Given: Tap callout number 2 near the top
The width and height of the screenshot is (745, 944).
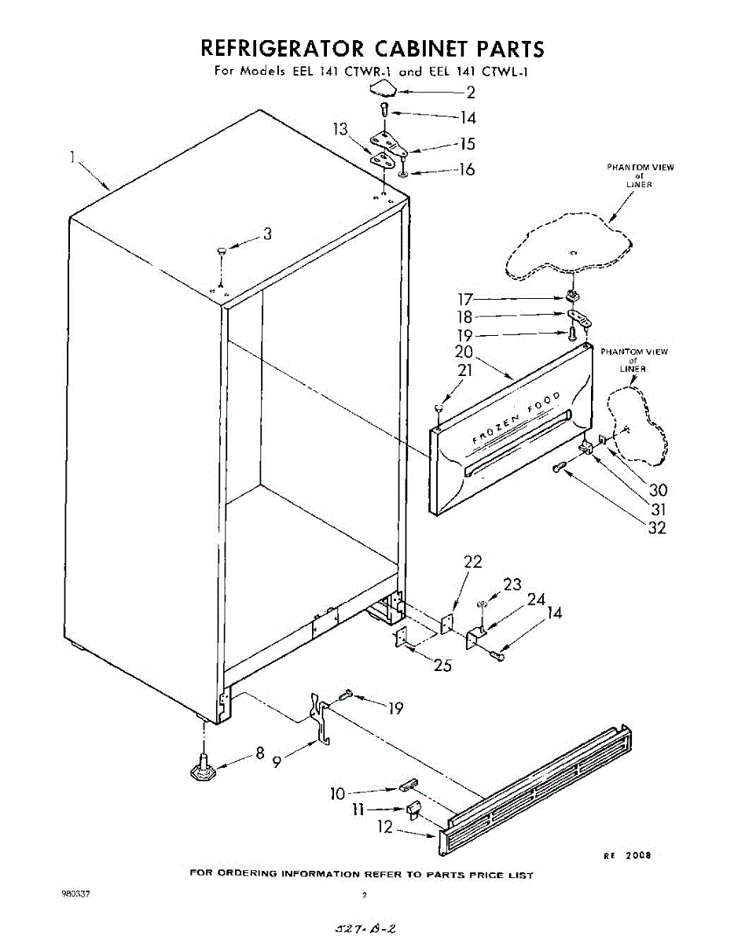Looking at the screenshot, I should click(x=471, y=92).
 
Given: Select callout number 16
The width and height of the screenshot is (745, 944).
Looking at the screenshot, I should click(x=467, y=169).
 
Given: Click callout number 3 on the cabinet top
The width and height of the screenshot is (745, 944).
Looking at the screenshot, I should click(x=267, y=234).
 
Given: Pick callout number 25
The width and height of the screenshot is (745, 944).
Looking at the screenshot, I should click(x=443, y=665).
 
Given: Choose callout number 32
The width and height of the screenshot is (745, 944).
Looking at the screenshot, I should click(x=655, y=528).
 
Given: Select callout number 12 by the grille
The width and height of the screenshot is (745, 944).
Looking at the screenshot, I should click(x=385, y=828).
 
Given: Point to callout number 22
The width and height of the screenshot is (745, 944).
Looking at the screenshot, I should click(x=472, y=562).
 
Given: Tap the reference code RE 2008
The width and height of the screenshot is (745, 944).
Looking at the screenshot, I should click(x=627, y=855).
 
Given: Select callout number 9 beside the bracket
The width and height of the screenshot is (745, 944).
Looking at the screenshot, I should click(x=277, y=761).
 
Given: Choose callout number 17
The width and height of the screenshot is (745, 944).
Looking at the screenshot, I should click(x=466, y=299).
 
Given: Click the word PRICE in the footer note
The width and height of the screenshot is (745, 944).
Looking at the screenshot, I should click(x=483, y=875).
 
